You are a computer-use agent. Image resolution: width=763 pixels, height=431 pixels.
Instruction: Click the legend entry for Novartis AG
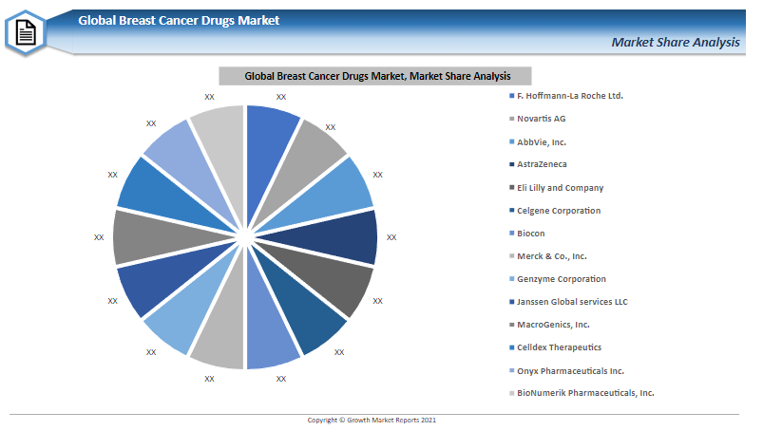pyautogui.click(x=541, y=119)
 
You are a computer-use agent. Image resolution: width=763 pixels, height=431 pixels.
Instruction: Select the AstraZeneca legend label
pyautogui.click(x=542, y=164)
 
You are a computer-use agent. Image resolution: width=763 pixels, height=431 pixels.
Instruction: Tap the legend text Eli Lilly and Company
pyautogui.click(x=560, y=188)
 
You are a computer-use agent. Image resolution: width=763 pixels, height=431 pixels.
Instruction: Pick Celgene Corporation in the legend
pyautogui.click(x=559, y=211)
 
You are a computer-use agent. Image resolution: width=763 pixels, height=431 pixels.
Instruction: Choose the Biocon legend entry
pyautogui.click(x=531, y=234)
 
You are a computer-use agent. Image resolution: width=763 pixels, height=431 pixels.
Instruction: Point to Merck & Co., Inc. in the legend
pyautogui.click(x=552, y=256)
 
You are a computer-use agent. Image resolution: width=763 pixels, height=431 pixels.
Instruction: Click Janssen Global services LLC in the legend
pyautogui.click(x=572, y=302)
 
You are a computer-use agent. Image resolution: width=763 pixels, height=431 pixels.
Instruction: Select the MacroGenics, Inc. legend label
pyautogui.click(x=553, y=325)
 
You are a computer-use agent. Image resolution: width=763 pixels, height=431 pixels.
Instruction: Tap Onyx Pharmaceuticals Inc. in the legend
pyautogui.click(x=570, y=371)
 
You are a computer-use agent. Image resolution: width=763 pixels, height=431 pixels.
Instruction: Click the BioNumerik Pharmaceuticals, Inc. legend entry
pyautogui.click(x=585, y=393)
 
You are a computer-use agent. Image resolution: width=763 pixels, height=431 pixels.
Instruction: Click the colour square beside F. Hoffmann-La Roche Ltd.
pyautogui.click(x=511, y=96)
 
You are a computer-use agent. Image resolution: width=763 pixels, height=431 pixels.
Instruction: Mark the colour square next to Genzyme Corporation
pyautogui.click(x=511, y=279)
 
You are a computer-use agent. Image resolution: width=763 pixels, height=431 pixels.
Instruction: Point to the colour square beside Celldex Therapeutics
pyautogui.click(x=511, y=347)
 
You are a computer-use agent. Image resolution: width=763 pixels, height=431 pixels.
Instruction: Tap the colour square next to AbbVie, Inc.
pyautogui.click(x=511, y=141)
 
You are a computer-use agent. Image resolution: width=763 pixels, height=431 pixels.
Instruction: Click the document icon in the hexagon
pyautogui.click(x=26, y=33)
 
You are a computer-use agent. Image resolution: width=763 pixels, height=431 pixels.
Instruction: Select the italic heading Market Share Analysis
pyautogui.click(x=676, y=43)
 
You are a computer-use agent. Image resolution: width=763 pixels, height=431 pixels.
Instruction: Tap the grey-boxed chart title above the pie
pyautogui.click(x=375, y=76)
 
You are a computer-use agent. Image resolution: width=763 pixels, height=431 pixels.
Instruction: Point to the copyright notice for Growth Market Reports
pyautogui.click(x=372, y=420)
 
